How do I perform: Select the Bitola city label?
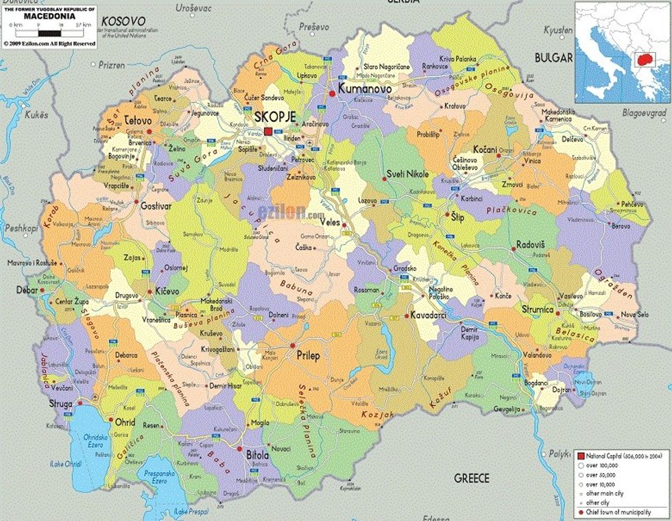pyautogui.click(x=257, y=455)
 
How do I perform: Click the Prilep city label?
pyautogui.click(x=308, y=356)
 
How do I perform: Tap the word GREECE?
pyautogui.click(x=472, y=478)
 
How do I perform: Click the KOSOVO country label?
pyautogui.click(x=123, y=22)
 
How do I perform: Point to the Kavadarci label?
pyautogui.click(x=430, y=315)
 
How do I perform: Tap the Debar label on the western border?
pyautogui.click(x=27, y=291)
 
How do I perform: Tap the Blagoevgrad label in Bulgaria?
pyautogui.click(x=645, y=111)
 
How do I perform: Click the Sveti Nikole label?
pyautogui.click(x=407, y=174)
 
